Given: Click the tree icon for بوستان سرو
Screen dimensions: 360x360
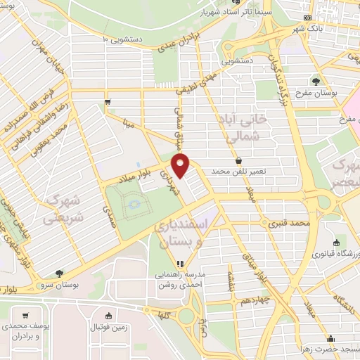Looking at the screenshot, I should (58, 274).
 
